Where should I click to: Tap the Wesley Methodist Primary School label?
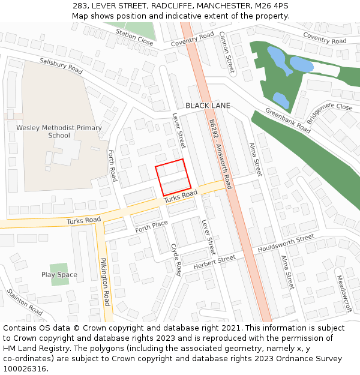click(x=59, y=131)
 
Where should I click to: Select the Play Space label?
click(x=59, y=275)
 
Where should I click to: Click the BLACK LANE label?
click(x=208, y=106)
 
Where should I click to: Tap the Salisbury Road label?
click(x=61, y=65)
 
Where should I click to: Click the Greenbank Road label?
click(x=288, y=121)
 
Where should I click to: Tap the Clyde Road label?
click(x=176, y=259)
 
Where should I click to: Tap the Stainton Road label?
click(x=25, y=302)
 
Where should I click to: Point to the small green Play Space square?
click(x=59, y=274)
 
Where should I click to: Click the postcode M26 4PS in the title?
click(x=274, y=5)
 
